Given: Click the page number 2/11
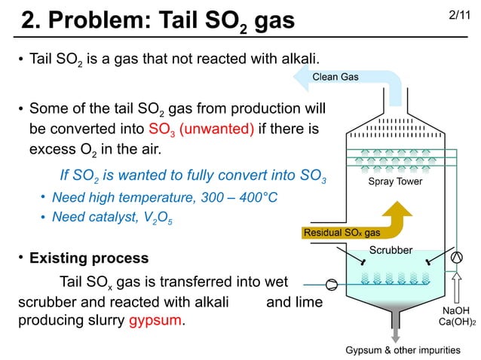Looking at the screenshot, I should point(459,16).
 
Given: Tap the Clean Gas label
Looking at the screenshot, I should point(335,76).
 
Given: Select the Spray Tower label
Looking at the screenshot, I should point(395,182).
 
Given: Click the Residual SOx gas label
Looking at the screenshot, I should point(342,233).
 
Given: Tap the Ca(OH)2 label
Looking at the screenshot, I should point(457,322).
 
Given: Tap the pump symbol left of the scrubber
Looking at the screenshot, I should point(330,285).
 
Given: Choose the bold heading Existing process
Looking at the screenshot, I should point(88,258).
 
